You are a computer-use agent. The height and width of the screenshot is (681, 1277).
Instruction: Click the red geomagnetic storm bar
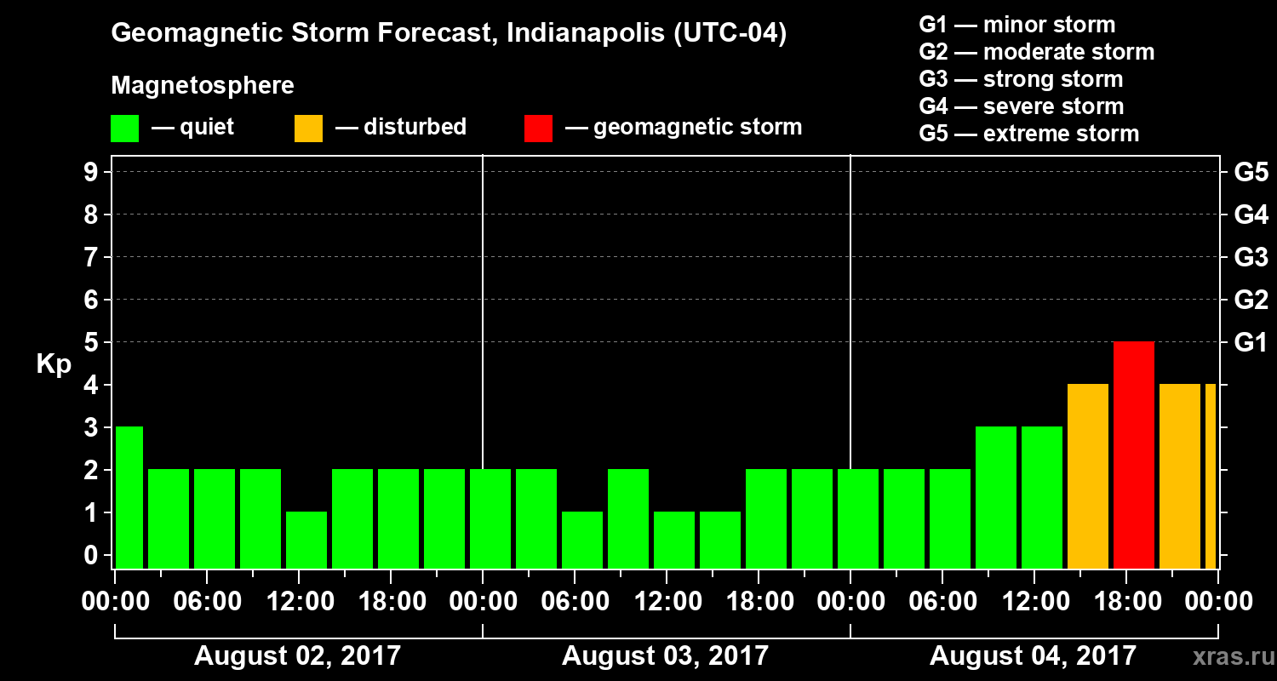1134,455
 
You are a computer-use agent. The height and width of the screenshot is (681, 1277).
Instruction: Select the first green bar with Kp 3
129,497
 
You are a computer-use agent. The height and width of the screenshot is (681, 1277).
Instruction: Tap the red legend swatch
538,128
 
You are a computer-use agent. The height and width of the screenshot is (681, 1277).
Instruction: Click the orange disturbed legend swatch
308,128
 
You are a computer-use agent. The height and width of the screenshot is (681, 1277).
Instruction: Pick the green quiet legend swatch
124,128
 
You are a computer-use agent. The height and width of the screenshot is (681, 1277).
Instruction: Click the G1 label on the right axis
1251,343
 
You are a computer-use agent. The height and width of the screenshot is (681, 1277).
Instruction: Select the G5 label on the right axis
1251,173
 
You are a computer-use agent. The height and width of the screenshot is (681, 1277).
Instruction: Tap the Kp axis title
54,364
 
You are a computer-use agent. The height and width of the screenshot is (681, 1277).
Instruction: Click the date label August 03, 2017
665,656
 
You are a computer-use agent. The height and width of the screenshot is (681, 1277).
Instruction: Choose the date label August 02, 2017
297,656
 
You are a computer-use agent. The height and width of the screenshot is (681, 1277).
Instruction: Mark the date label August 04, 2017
1033,656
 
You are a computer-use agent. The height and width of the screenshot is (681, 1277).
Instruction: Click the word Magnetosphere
203,86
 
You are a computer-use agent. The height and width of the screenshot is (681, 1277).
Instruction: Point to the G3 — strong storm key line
1021,79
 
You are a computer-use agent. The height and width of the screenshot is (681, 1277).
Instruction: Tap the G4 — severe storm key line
1022,106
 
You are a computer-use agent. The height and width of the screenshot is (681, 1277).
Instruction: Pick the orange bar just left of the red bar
1088,476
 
